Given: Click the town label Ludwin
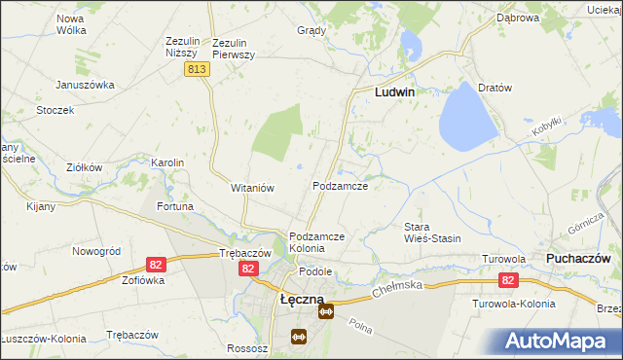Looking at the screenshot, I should coord(395,92).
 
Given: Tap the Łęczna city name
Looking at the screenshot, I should coord(302,300).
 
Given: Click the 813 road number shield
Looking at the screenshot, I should coord(198,69).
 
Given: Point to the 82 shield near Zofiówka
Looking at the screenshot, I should coord(155,264).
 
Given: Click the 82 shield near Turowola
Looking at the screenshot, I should coord(507,280).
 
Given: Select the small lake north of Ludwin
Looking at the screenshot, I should coord(409,44).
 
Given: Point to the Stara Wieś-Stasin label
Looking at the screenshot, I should coord(432,233).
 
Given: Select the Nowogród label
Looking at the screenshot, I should coord(96,251).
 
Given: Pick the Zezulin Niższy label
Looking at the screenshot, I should coord(182,49).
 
